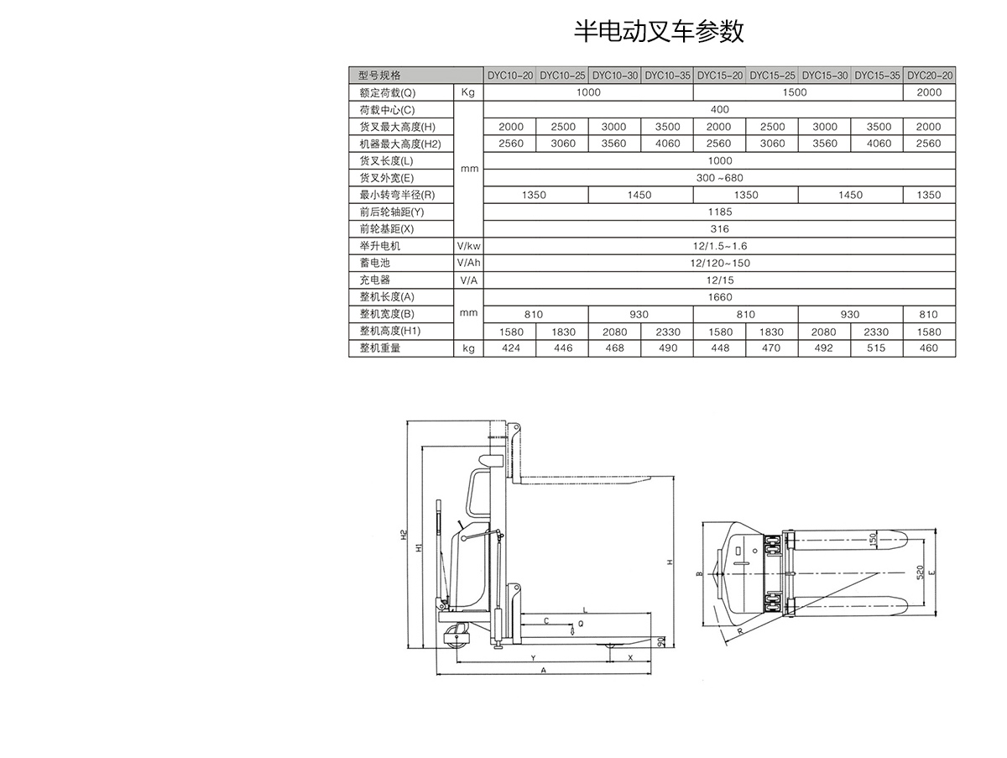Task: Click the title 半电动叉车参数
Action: pos(659,31)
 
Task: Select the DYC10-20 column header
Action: pos(510,75)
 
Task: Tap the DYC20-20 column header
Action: pos(929,75)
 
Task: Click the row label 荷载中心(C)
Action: pos(387,110)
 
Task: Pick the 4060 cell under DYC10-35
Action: pos(667,144)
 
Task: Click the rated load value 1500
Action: pos(794,92)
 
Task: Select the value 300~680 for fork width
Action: pos(719,178)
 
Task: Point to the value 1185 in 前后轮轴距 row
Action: pos(719,212)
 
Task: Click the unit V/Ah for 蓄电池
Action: pos(468,263)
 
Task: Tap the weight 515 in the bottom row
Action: pos(877,348)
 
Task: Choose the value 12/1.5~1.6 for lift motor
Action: pos(719,246)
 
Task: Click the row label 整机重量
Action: pos(380,348)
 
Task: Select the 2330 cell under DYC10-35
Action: pos(667,332)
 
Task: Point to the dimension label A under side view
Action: pos(543,671)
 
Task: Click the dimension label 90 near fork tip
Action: pos(661,642)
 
